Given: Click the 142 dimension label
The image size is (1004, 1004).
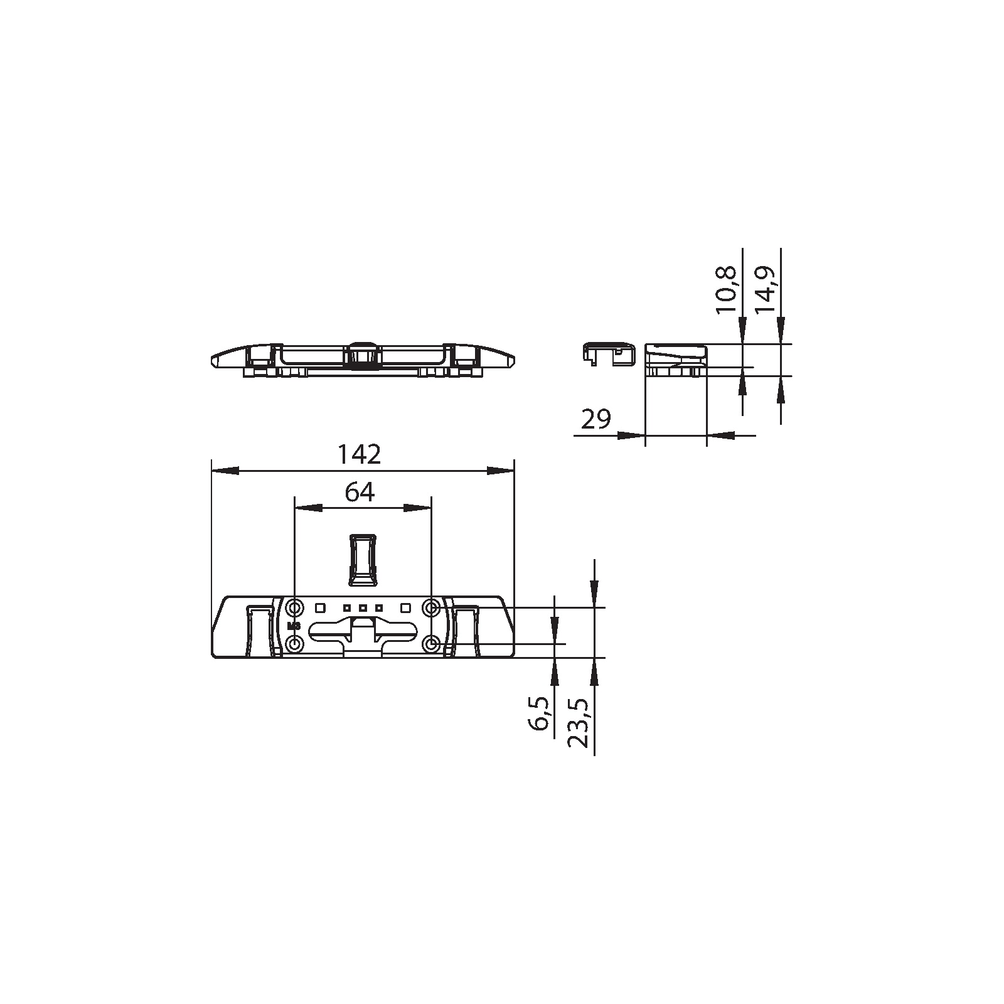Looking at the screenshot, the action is (360, 454).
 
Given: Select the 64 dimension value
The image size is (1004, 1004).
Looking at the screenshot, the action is (360, 493).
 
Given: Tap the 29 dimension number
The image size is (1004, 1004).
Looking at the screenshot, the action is (596, 419).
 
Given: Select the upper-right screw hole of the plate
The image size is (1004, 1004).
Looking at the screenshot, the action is (431, 607).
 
